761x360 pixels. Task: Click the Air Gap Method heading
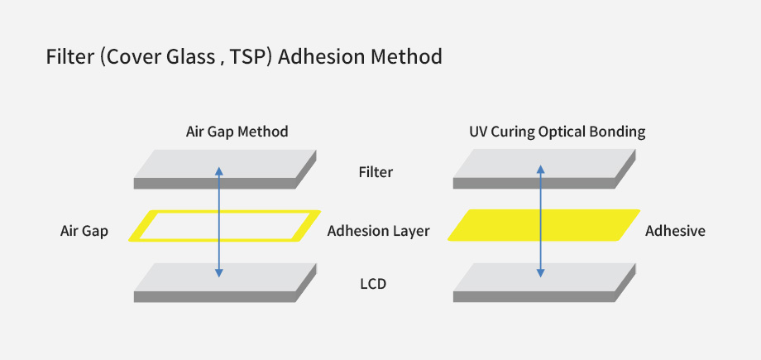click(237, 132)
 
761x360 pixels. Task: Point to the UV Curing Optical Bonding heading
click(558, 132)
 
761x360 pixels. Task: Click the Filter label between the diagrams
click(376, 172)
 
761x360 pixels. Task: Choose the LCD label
click(373, 284)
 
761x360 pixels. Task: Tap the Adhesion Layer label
click(378, 231)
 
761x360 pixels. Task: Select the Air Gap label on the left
click(84, 231)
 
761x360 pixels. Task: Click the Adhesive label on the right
click(675, 231)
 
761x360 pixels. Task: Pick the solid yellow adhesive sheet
click(543, 225)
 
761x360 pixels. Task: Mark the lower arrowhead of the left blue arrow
click(219, 274)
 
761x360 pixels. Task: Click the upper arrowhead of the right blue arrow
click(540, 168)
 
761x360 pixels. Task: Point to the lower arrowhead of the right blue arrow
click(540, 274)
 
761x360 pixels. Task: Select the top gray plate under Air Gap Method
click(225, 169)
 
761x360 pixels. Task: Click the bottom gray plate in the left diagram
click(225, 283)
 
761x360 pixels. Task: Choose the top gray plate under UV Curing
click(544, 169)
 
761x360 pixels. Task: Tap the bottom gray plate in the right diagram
click(544, 283)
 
